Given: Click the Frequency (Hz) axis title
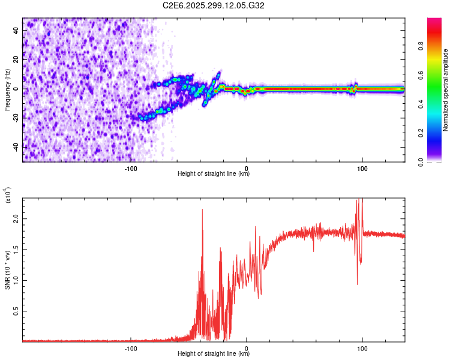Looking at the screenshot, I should [7, 90].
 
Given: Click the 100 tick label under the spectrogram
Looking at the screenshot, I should [362, 168].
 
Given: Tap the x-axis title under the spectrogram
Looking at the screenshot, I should [214, 174].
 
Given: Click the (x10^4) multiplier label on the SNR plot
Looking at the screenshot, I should [8, 195].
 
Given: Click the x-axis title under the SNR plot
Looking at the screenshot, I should [214, 354].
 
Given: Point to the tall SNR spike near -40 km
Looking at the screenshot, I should [202, 210].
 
